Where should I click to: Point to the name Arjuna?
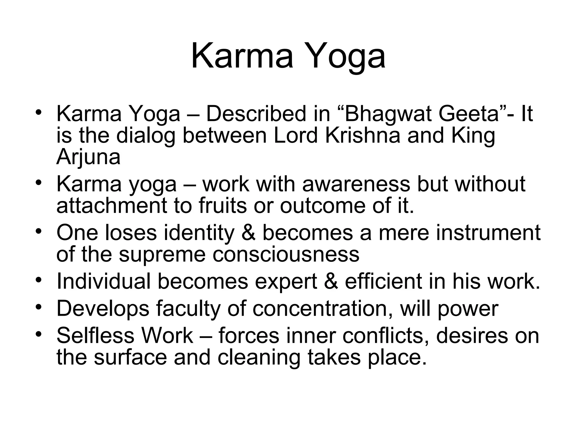tap(88, 157)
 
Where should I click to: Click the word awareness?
tap(356, 184)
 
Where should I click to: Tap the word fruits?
tap(223, 206)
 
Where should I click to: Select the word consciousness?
tap(286, 254)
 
